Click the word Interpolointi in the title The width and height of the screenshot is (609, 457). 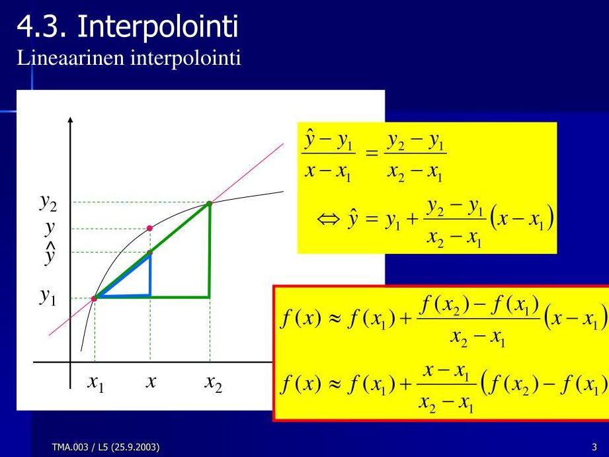(x=157, y=27)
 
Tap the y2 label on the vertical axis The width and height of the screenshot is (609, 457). (x=48, y=202)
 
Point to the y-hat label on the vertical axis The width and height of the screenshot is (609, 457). (x=50, y=254)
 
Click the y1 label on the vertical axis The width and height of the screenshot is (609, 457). (x=48, y=297)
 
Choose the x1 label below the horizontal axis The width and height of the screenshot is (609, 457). (x=95, y=383)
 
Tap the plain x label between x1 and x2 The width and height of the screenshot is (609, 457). (x=151, y=381)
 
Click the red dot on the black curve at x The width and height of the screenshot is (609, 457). (x=149, y=228)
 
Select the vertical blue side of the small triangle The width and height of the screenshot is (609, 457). (x=150, y=274)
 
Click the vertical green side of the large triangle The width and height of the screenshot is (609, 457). (x=210, y=250)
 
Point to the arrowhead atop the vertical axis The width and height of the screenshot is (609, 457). (x=70, y=119)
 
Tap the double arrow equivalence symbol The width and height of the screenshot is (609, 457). (x=329, y=220)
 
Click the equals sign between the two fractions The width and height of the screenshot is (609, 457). (x=372, y=153)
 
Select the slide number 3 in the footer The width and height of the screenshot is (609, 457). (x=594, y=447)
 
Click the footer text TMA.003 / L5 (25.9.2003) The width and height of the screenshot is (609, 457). (x=106, y=447)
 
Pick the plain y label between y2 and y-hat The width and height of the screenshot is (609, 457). (x=50, y=228)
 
